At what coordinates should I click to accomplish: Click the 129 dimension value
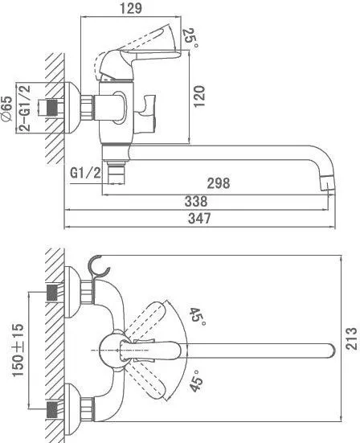click(131, 9)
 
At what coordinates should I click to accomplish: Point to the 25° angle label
click(190, 38)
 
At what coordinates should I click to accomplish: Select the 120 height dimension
click(199, 96)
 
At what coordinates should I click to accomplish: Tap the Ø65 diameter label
click(7, 109)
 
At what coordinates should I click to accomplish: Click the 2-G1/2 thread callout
click(25, 108)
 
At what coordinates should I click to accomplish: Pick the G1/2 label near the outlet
click(85, 172)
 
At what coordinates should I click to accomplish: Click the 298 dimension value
click(219, 183)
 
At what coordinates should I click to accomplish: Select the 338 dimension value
click(196, 201)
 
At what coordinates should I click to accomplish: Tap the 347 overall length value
click(199, 218)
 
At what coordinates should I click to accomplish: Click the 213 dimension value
click(351, 338)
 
